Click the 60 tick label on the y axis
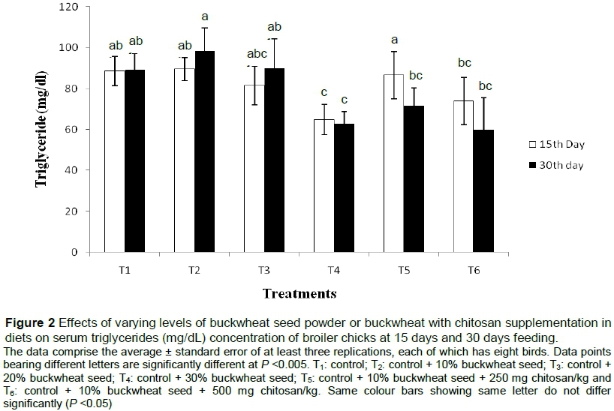[72, 130]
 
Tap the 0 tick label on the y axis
[75, 253]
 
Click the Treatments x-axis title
[299, 292]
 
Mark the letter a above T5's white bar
[393, 40]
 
